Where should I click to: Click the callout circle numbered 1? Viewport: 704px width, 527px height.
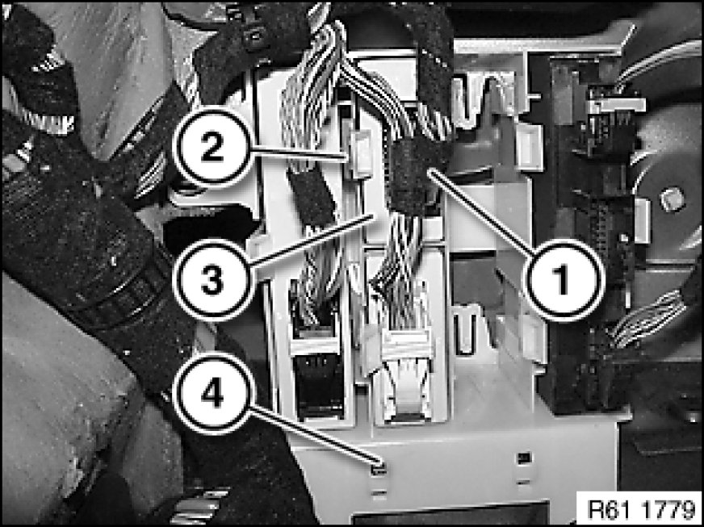coord(565,279)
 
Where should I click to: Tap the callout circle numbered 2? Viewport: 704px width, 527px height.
coord(212,148)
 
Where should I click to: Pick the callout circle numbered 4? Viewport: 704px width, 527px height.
coord(212,395)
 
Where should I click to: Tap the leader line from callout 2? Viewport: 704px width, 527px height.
coord(300,153)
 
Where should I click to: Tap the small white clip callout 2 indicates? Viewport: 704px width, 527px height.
coord(361,153)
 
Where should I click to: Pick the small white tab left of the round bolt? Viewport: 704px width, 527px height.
coord(643,221)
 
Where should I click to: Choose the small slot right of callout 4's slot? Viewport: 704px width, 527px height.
coord(523,458)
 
